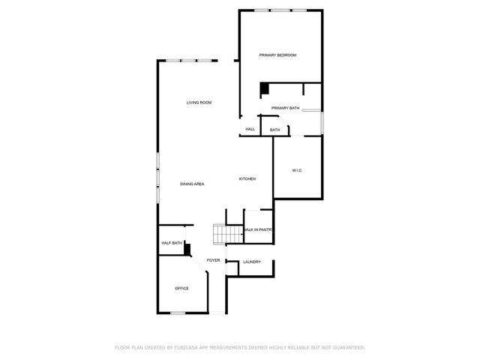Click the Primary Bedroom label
tap(277, 55)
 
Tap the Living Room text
tap(199, 102)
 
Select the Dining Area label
tap(192, 184)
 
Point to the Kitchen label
tap(247, 178)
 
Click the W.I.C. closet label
tap(297, 171)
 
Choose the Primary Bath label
tap(285, 108)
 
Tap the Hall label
tap(250, 129)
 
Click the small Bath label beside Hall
tap(275, 130)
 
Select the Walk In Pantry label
tap(257, 229)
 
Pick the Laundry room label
tap(251, 262)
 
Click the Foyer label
tap(214, 260)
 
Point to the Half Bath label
tap(172, 243)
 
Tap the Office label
tap(181, 288)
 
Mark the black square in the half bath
tap(188, 250)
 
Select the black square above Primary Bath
tap(264, 89)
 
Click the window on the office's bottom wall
tap(178, 313)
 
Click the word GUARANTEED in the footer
tap(348, 348)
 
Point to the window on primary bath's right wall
tap(322, 122)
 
